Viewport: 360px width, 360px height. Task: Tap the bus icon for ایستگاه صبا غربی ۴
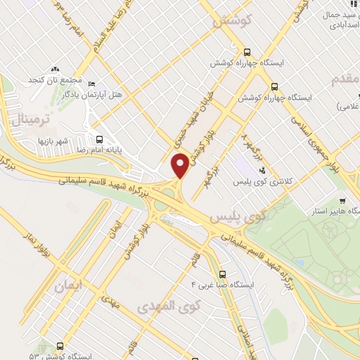(222, 274)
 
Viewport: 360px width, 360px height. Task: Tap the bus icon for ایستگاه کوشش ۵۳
(60, 346)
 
